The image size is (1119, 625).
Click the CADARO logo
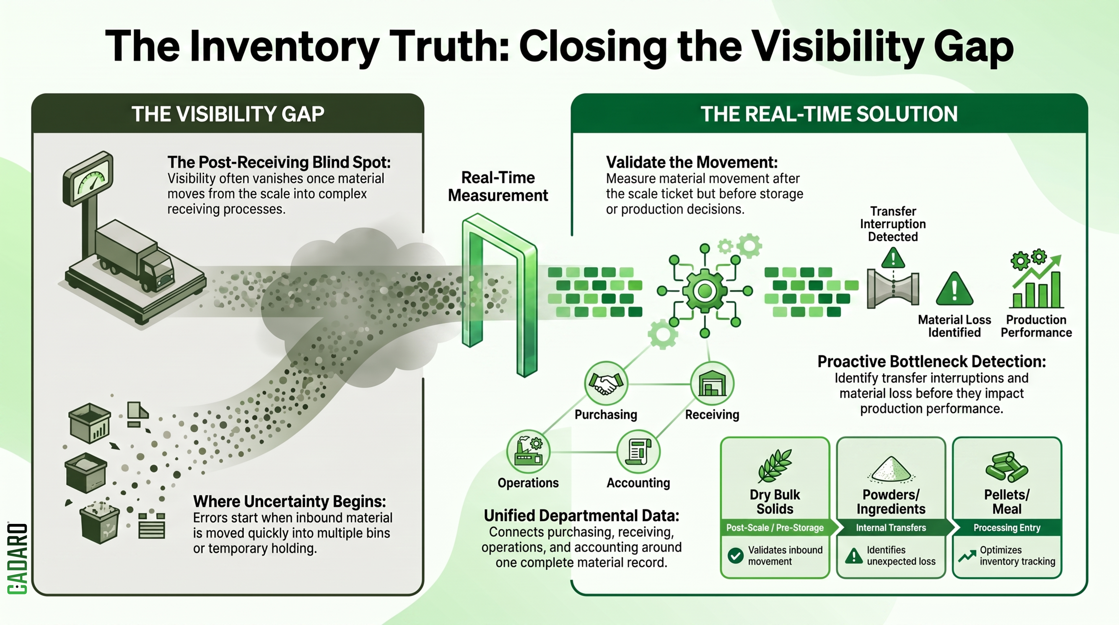(17, 558)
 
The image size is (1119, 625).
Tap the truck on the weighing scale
(135, 256)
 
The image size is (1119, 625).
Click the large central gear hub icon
(705, 290)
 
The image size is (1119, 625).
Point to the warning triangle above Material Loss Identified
(954, 289)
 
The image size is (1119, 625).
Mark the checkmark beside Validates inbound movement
(735, 555)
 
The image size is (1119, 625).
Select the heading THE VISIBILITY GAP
(228, 114)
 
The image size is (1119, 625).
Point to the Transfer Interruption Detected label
(893, 224)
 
